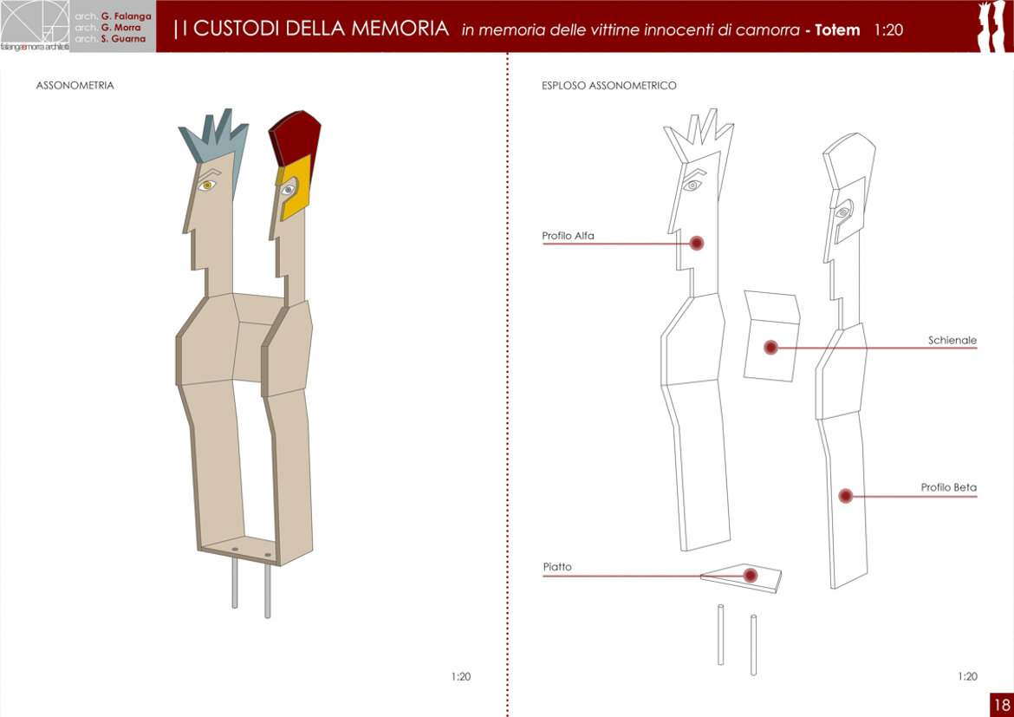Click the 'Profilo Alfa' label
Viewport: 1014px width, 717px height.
click(x=568, y=236)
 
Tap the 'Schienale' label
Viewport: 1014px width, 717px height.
click(x=952, y=341)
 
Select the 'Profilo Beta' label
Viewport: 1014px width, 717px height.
click(x=949, y=487)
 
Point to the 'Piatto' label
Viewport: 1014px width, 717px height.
click(x=557, y=567)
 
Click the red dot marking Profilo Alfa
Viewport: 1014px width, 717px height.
click(x=697, y=244)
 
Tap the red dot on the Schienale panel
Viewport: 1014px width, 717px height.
click(x=770, y=348)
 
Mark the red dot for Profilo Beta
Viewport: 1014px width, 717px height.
click(x=845, y=496)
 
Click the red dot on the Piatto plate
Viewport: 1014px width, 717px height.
click(x=751, y=575)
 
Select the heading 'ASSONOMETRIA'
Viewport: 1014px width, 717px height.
click(x=75, y=86)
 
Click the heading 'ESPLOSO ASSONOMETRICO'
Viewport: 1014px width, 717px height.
click(x=609, y=86)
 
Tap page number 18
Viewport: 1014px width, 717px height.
click(x=1002, y=704)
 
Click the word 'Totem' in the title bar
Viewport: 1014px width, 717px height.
click(x=837, y=29)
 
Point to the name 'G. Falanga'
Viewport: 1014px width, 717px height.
click(x=127, y=16)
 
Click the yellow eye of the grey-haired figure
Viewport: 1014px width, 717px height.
click(x=207, y=186)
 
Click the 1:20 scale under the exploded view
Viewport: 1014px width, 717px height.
click(x=967, y=677)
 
